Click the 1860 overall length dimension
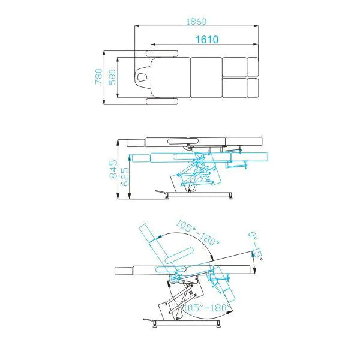point(196,22)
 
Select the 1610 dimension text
point(206,39)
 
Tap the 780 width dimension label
point(98,76)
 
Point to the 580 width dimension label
point(111,76)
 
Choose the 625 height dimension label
point(125,178)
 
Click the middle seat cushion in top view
point(205,77)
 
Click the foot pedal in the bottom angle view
point(149,319)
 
